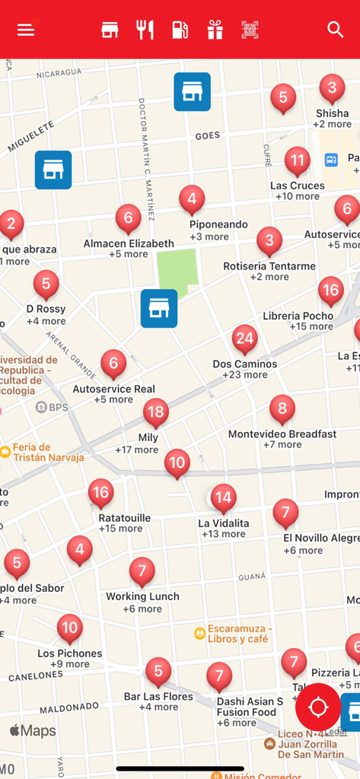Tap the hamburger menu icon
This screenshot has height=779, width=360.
pos(26,30)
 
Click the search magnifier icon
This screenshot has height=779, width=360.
pos(335,30)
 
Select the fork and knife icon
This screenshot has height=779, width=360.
pos(145,30)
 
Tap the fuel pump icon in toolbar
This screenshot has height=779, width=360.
pos(180,30)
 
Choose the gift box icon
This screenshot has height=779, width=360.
pos(215,30)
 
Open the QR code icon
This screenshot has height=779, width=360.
pos(250,30)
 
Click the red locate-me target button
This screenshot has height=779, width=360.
pos(318,707)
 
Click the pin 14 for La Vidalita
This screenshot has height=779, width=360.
pos(223,499)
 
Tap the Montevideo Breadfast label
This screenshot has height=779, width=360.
pos(282,434)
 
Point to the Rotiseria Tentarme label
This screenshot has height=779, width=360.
pos(269,266)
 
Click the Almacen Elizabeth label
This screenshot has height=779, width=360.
pos(129,243)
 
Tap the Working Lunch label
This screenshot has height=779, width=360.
pos(142,596)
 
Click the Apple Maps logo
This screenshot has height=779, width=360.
pos(33,731)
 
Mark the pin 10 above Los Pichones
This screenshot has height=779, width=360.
pos(70,628)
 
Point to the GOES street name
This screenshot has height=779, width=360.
pos(207,135)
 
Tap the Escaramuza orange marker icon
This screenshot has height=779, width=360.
pos(199,632)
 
